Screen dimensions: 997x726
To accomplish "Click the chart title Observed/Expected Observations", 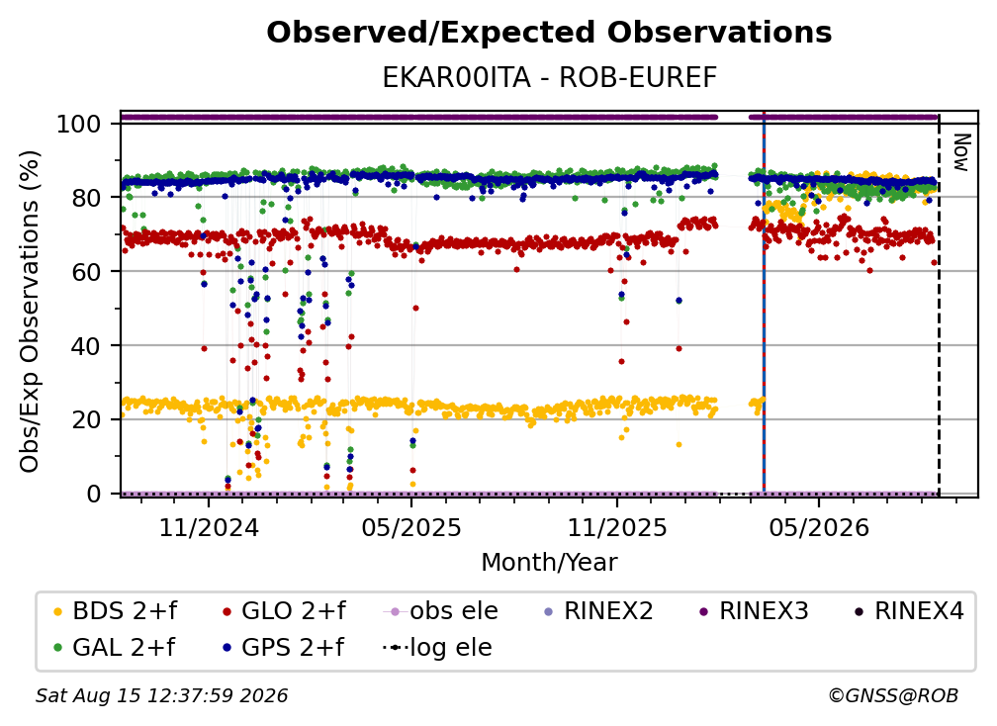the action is (x=549, y=33).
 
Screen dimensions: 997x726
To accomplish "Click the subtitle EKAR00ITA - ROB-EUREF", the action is (x=549, y=78).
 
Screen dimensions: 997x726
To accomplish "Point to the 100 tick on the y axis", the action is (x=79, y=124).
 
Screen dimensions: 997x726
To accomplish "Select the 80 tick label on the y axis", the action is (x=86, y=198).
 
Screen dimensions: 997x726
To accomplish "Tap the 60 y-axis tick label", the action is (x=86, y=271).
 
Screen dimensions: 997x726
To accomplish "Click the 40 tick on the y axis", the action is (x=86, y=346).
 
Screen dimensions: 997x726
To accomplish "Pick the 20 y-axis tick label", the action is (x=86, y=419).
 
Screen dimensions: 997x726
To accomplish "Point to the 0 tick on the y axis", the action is (x=94, y=494).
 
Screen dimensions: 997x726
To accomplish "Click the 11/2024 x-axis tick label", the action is (x=209, y=527).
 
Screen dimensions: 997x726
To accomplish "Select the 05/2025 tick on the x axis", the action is (x=411, y=527).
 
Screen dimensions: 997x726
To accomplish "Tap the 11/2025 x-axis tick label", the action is (x=617, y=527).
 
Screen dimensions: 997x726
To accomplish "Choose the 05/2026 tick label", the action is (x=819, y=527).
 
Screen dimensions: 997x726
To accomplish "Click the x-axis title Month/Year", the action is (x=549, y=562).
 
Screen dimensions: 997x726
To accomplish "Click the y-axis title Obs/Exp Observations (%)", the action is (x=30, y=312).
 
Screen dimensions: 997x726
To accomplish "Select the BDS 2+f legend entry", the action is (x=115, y=611).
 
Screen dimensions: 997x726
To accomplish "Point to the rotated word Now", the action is (x=961, y=152).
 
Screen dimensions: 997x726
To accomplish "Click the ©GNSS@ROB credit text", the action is (x=893, y=696).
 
